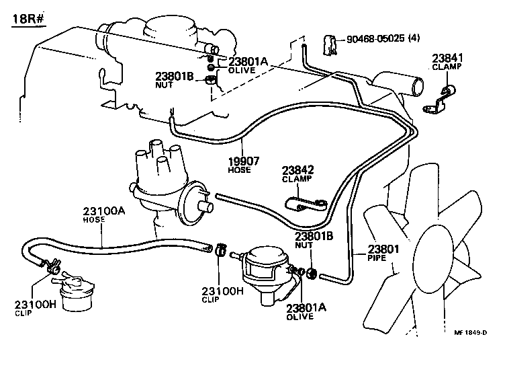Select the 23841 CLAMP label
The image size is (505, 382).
[447, 63]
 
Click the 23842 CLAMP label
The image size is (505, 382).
[297, 174]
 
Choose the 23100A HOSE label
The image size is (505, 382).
[103, 215]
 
